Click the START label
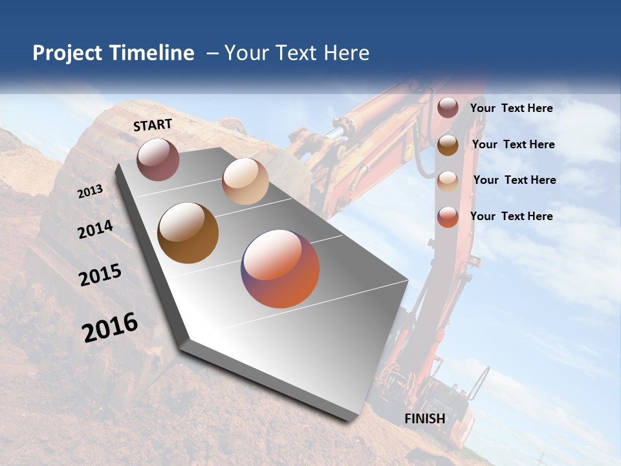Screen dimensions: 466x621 (x=153, y=125)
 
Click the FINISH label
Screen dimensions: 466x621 (x=425, y=418)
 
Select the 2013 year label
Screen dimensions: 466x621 (x=91, y=191)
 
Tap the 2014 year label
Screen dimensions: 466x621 (x=95, y=229)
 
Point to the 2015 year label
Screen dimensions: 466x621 (x=100, y=275)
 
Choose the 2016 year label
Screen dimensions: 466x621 (x=110, y=327)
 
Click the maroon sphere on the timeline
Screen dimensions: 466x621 (x=158, y=159)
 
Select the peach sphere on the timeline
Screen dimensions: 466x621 (x=245, y=181)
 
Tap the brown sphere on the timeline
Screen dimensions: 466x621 (x=188, y=233)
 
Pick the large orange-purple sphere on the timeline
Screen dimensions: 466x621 (x=280, y=269)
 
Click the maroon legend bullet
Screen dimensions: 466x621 (x=448, y=107)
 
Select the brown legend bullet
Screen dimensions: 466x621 (x=448, y=144)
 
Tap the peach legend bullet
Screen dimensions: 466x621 (x=448, y=181)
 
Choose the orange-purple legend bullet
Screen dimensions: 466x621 (x=448, y=217)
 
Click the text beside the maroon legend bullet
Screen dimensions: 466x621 (x=511, y=108)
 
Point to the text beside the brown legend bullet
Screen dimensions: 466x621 (x=513, y=144)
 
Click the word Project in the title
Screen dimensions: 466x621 (x=67, y=53)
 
